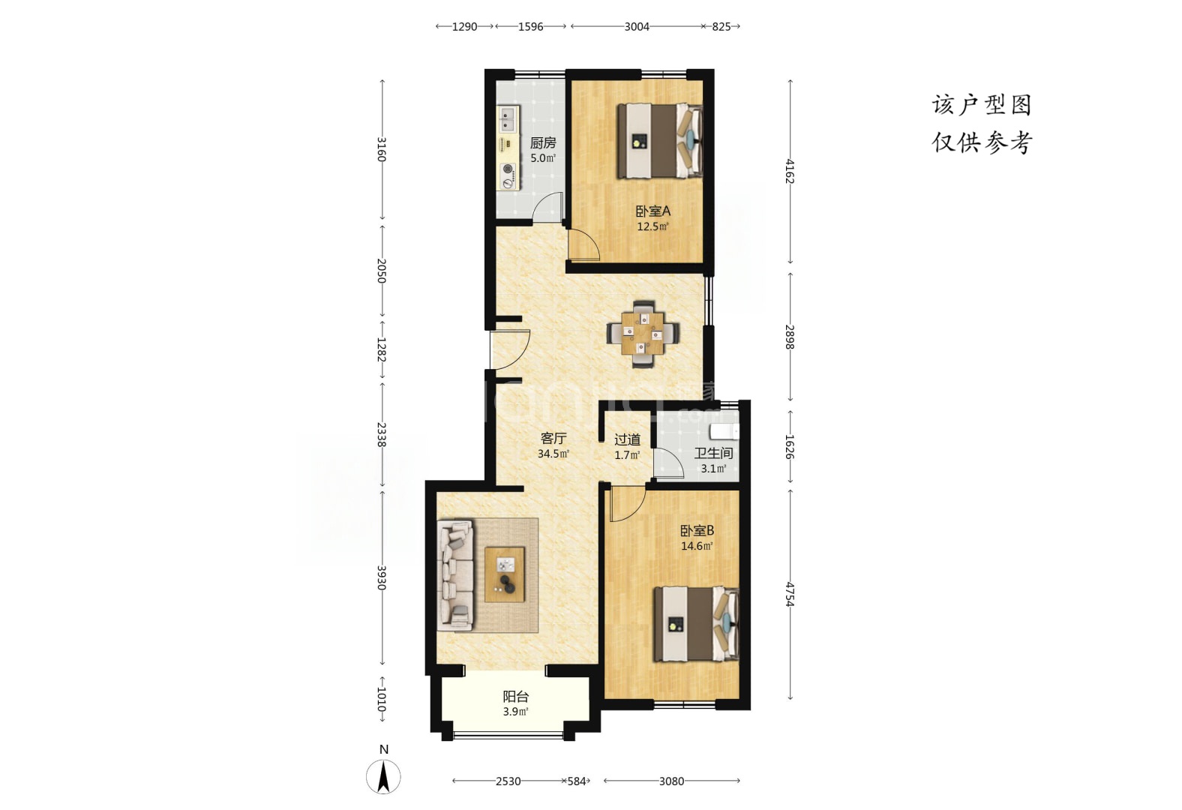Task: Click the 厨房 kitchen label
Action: (x=543, y=142)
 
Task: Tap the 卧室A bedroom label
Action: (x=652, y=211)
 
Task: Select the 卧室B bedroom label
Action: (x=697, y=530)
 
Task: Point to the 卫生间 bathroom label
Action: (x=713, y=453)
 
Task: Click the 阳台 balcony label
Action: (x=515, y=697)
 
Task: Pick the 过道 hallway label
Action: (x=628, y=439)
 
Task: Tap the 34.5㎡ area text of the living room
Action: (x=553, y=454)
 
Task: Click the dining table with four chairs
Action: (x=642, y=334)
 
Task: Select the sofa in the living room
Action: (x=456, y=575)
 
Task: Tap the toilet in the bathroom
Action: (x=724, y=432)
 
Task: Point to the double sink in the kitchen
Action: (x=139, y=118)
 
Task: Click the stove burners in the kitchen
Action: (x=139, y=176)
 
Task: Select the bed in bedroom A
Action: (x=660, y=140)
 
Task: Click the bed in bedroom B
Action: (x=697, y=624)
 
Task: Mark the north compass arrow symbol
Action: (x=383, y=776)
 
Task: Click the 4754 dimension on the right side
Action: (x=790, y=594)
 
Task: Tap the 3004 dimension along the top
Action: (x=637, y=26)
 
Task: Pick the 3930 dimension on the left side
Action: (x=382, y=577)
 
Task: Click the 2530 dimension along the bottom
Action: (x=508, y=781)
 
